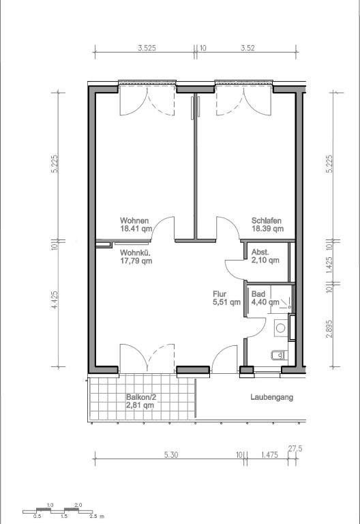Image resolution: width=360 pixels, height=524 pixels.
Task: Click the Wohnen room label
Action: pos(134,220)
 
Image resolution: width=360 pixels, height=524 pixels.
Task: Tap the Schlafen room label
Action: pos(266,220)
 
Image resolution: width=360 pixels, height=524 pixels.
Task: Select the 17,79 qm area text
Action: pos(136,261)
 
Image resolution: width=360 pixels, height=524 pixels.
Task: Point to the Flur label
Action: pos(220,294)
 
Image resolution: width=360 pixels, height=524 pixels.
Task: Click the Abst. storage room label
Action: pos(260,252)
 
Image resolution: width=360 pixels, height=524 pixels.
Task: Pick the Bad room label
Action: pos(258,294)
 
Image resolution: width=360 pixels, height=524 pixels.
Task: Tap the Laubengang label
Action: pos(272,397)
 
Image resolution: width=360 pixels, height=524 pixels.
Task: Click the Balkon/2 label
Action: pos(141,397)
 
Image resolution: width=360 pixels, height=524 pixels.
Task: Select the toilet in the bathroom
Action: pos(278,355)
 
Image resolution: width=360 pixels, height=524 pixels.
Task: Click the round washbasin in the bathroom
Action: pos(280,328)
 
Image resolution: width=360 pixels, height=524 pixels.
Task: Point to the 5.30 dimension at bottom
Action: pos(170,454)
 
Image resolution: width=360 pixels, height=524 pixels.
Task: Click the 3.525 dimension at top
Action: pos(147,48)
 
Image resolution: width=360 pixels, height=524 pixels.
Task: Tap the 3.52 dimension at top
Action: pos(247,48)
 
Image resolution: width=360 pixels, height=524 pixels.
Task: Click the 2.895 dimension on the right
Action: pos(329,329)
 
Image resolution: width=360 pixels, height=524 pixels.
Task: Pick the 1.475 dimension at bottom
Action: pos(269,454)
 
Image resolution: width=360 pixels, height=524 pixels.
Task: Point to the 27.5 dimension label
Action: pos(295,448)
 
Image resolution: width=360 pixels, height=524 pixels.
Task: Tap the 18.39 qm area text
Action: pos(267,229)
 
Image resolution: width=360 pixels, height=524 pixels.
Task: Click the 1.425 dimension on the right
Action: pos(329,265)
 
